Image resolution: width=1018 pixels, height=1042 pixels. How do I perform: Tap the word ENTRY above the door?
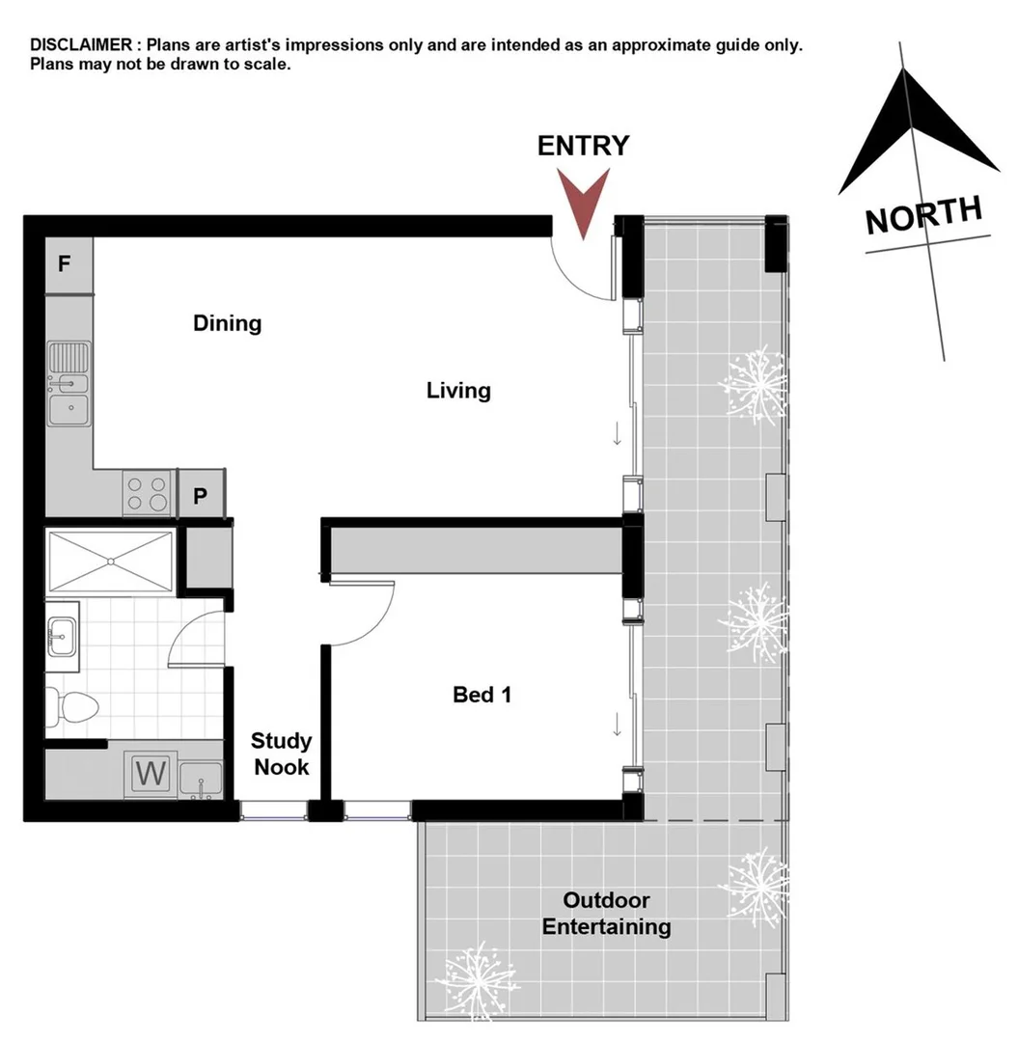tap(583, 146)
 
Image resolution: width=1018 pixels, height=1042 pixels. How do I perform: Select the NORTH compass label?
tap(923, 215)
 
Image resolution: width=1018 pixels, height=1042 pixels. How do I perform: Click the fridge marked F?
tap(65, 263)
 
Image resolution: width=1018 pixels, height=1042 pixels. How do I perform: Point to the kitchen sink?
tap(69, 384)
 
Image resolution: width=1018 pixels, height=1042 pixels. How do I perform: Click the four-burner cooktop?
tap(148, 494)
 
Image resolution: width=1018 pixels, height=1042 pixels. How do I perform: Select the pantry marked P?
tap(201, 496)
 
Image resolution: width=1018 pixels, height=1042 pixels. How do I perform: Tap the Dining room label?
tap(228, 322)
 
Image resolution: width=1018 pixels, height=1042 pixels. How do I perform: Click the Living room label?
tap(458, 391)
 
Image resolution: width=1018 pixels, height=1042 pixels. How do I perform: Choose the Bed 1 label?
tap(481, 695)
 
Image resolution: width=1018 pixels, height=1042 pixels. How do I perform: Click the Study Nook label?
tap(281, 754)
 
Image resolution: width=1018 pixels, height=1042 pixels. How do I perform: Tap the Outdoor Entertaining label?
tap(606, 914)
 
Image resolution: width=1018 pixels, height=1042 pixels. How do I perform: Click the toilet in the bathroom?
tap(73, 706)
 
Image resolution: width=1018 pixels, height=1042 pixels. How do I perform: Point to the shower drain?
tap(111, 561)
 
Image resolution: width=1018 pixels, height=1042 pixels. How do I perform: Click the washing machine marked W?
tap(151, 773)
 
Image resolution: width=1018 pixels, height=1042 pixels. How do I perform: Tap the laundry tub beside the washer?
tap(202, 777)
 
